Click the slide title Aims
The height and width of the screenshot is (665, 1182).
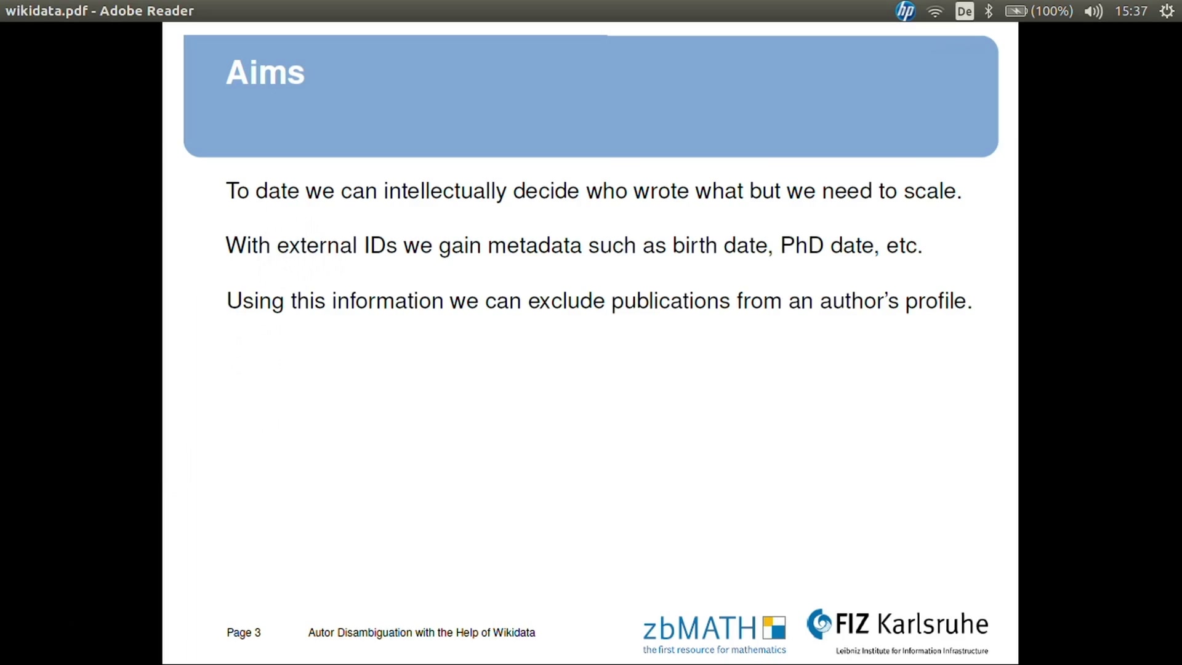coord(265,73)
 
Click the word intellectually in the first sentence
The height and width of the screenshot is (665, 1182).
coord(444,191)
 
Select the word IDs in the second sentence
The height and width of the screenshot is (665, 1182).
coord(380,245)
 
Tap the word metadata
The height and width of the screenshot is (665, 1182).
coord(534,245)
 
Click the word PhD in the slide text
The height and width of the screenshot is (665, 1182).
coord(802,245)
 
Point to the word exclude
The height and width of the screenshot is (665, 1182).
coord(566,300)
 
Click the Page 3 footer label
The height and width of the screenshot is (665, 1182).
coord(244,632)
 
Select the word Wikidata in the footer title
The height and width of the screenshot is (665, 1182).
coord(514,632)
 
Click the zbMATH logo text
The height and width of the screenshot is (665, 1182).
coord(699,629)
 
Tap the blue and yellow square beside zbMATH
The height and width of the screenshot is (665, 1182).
coord(774,627)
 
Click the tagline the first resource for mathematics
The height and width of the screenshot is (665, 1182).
coord(714,650)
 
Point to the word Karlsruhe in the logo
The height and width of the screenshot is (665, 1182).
coord(933,624)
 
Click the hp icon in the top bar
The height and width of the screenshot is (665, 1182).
coord(905,11)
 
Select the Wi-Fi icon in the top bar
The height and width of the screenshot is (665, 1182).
coord(935,11)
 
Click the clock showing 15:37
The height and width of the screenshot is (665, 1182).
coord(1131,11)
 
